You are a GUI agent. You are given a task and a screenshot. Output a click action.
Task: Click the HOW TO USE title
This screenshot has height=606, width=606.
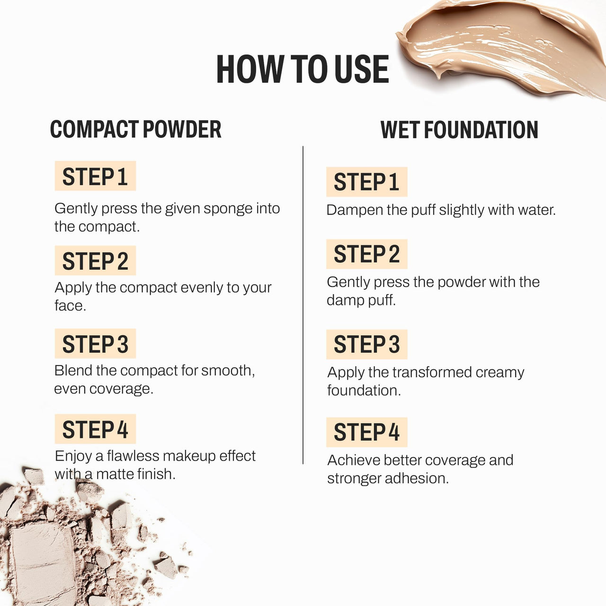click(x=302, y=69)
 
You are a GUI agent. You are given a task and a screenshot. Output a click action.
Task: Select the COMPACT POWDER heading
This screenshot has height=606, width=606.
click(x=136, y=130)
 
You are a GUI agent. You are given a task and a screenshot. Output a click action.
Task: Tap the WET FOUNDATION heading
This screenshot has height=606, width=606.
click(x=459, y=130)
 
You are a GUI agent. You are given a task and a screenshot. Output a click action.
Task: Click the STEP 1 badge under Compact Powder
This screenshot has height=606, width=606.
click(x=95, y=176)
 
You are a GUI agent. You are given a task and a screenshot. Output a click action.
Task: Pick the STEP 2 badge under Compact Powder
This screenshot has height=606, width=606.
click(x=95, y=261)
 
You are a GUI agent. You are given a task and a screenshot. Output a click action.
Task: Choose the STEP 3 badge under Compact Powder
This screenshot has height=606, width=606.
click(x=95, y=344)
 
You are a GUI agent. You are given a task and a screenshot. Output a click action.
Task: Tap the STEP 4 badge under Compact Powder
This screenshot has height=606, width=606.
click(x=95, y=429)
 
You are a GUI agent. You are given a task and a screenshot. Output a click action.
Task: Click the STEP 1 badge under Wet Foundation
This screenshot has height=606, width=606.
click(x=366, y=182)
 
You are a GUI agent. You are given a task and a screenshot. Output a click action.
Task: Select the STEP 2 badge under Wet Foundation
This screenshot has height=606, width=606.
click(x=366, y=254)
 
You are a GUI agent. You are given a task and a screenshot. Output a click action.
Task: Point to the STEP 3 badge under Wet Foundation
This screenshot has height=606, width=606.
click(x=366, y=344)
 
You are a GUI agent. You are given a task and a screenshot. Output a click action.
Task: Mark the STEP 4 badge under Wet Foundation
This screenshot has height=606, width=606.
click(x=366, y=432)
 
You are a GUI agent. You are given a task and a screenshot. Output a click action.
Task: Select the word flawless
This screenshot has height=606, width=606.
click(x=133, y=456)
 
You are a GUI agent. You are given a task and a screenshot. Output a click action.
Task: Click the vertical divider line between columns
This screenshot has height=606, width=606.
click(x=303, y=303)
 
